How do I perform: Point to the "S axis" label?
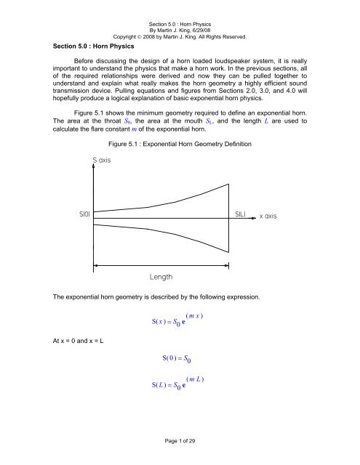pos(101,160)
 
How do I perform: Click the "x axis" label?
pos(273,217)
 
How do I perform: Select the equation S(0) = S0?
pos(178,379)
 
